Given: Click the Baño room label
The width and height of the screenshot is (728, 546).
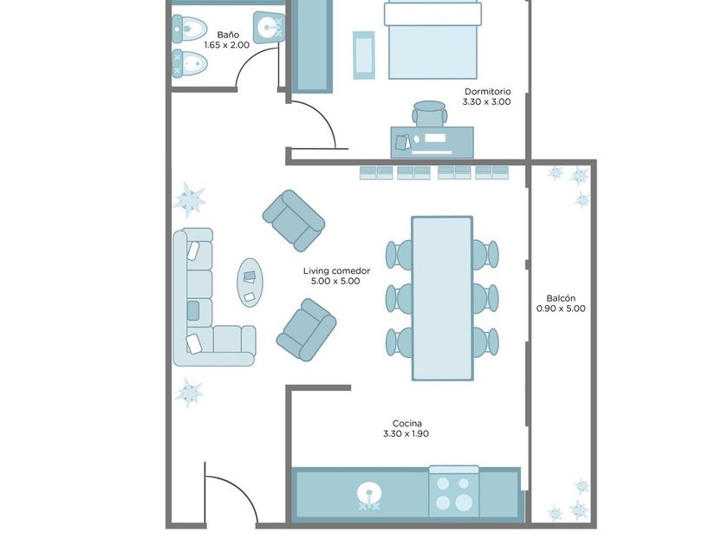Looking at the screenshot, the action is (228, 35).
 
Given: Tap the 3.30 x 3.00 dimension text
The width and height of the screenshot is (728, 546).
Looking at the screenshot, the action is (486, 101).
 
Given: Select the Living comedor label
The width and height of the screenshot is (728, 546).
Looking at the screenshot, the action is (336, 270).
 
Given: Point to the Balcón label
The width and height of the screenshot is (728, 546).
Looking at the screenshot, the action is (561, 298).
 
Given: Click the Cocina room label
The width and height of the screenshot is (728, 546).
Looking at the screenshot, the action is (407, 424).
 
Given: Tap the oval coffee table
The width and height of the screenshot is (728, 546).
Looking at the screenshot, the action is (250, 283).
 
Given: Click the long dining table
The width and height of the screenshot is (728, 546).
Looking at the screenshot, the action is (442, 298).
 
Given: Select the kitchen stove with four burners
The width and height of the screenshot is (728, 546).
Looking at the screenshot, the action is (453, 492).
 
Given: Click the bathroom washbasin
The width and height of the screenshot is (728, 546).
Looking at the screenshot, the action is (269, 27).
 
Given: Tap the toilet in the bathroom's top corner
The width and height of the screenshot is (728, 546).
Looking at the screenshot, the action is (189, 29).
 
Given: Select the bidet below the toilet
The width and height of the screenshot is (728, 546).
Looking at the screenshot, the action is (189, 63).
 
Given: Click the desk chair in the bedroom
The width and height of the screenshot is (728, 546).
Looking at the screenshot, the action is (430, 114).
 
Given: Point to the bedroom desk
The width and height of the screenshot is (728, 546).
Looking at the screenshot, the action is (432, 142).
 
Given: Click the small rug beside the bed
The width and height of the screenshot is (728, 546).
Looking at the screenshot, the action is (363, 55).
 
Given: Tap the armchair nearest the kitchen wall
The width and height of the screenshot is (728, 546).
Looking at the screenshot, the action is (307, 329).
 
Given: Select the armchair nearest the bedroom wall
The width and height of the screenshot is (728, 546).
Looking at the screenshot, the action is (294, 220).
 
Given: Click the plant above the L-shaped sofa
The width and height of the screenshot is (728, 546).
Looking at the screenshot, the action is (190, 199).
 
